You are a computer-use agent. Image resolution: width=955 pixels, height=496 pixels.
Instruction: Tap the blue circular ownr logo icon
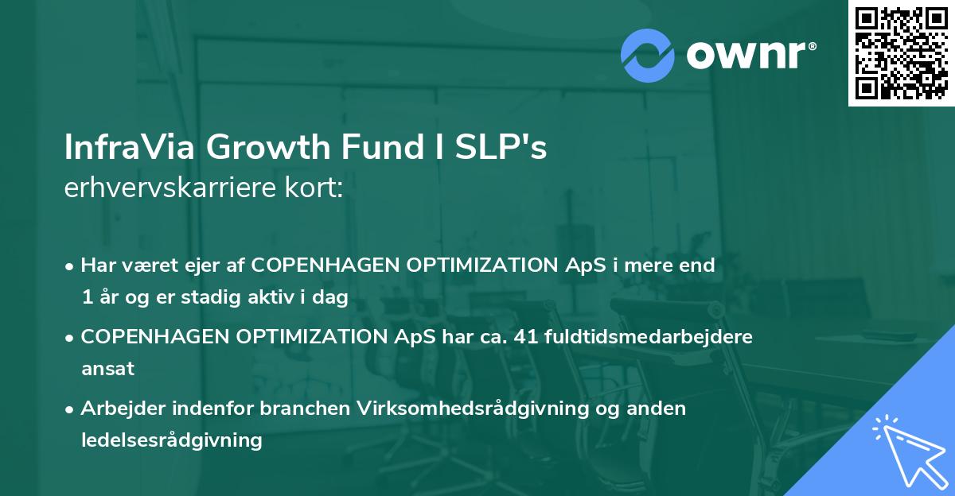pos(648,54)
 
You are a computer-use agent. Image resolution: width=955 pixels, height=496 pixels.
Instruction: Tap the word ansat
pos(107,368)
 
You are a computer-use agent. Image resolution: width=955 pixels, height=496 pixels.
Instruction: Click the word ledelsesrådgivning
pos(171,440)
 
